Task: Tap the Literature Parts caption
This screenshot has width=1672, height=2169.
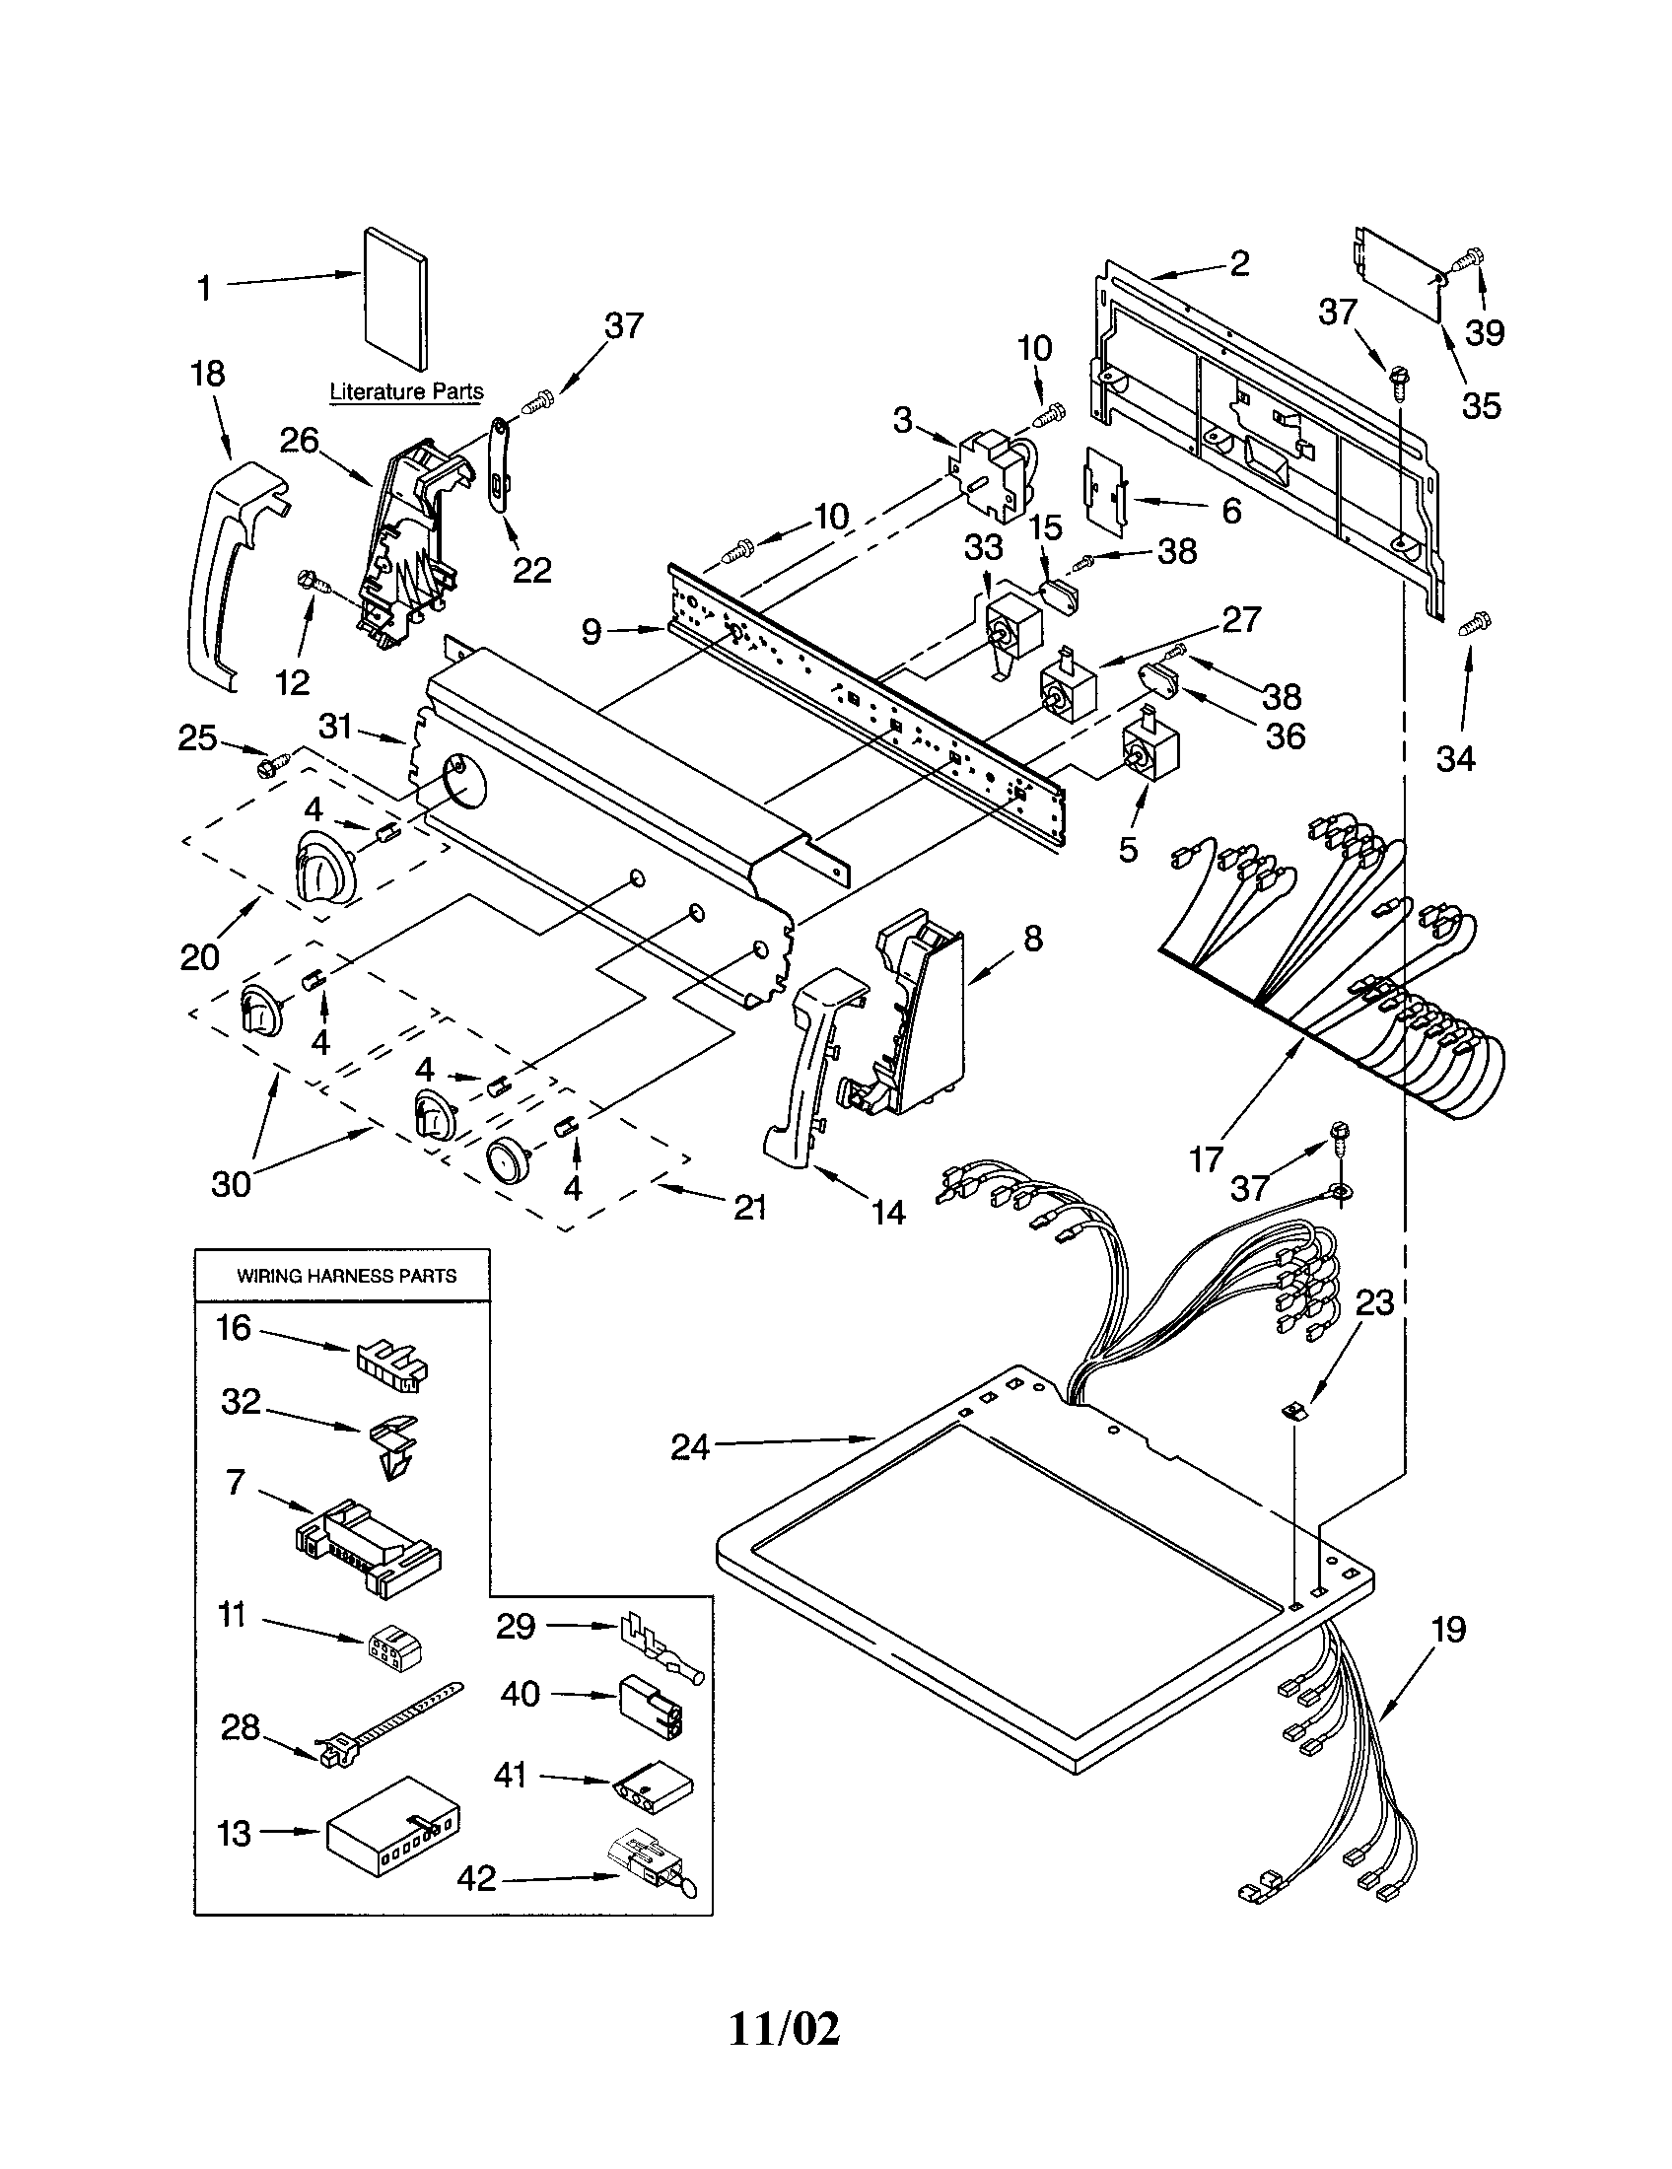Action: pyautogui.click(x=406, y=391)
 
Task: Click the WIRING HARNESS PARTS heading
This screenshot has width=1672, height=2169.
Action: pyautogui.click(x=346, y=1276)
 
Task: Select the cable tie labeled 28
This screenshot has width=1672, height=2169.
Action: pyautogui.click(x=387, y=1731)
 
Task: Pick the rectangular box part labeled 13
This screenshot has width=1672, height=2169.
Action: pyautogui.click(x=394, y=1831)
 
